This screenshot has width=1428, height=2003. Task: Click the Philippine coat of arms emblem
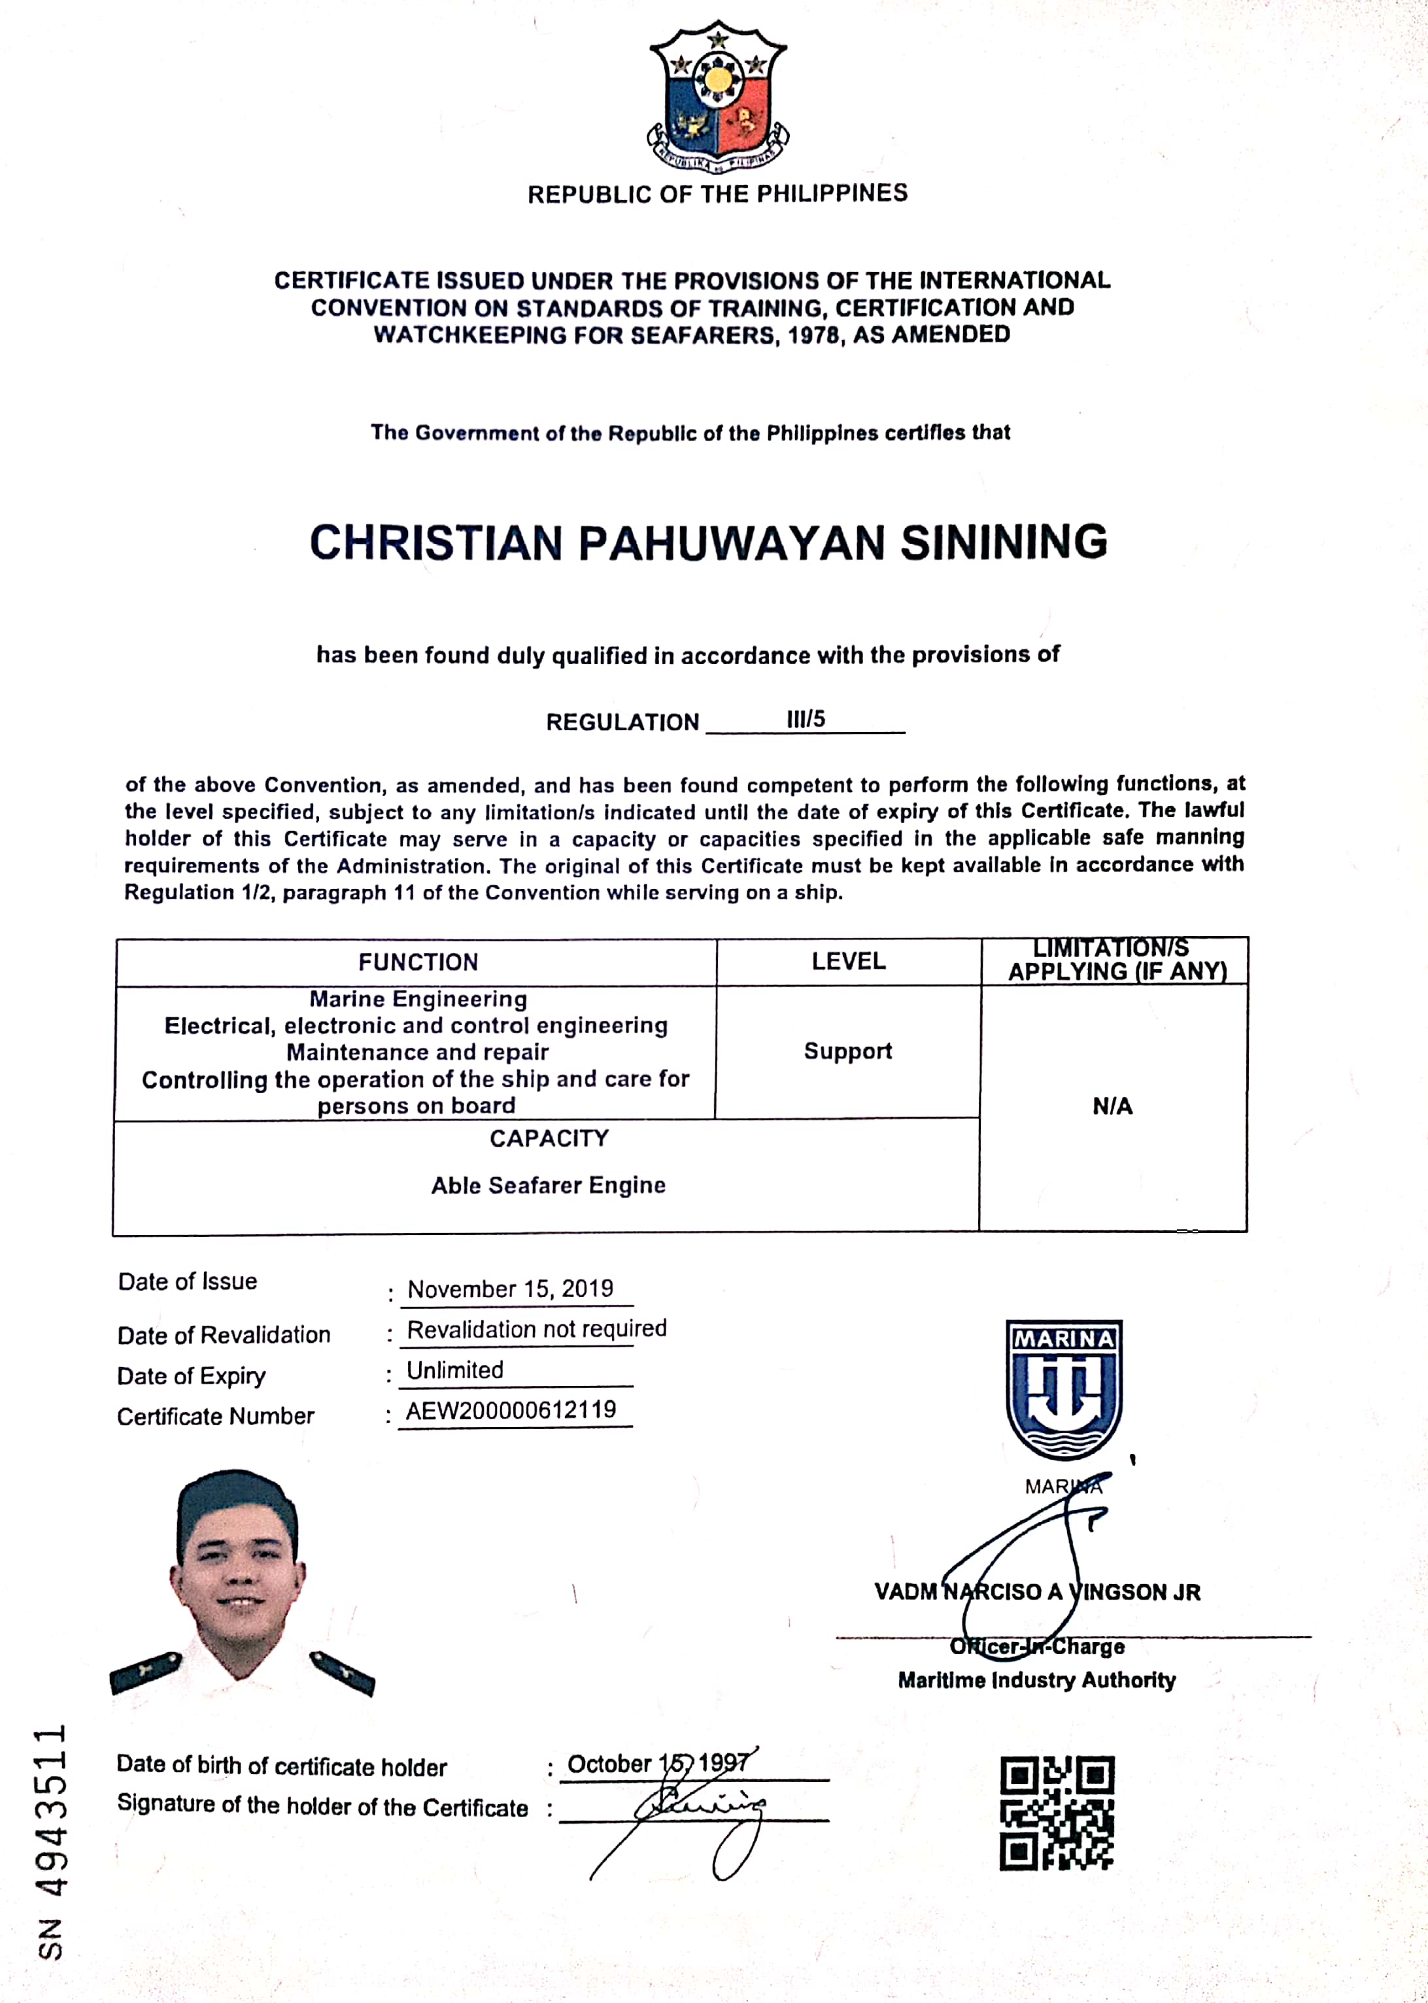717,97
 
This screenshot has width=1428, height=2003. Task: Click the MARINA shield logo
1063,1389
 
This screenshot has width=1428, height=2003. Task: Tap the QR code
1056,1812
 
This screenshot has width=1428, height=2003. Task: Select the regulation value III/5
806,719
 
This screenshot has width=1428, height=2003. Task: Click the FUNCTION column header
418,962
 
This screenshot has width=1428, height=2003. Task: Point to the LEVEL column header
849,962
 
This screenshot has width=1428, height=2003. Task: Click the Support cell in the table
847,1051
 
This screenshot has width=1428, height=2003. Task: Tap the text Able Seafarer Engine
548,1186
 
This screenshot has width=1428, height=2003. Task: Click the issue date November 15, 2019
510,1289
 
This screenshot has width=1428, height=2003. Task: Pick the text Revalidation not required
536,1329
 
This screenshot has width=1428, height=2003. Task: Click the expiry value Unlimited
454,1370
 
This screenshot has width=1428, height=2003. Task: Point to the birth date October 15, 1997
658,1764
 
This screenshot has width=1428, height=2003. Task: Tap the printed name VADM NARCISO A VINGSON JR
1037,1592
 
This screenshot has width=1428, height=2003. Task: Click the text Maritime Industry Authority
1037,1681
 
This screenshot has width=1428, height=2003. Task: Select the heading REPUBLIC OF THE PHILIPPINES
717,194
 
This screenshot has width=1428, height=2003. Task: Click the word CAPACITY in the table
549,1139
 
